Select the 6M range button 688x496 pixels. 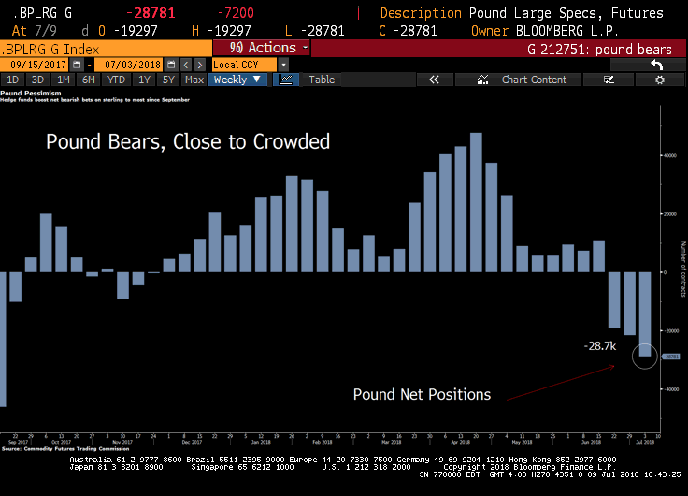pyautogui.click(x=88, y=80)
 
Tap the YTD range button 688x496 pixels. pyautogui.click(x=116, y=80)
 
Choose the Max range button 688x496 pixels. pyautogui.click(x=194, y=80)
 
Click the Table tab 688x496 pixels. pyautogui.click(x=322, y=80)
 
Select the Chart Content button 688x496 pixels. pyautogui.click(x=534, y=80)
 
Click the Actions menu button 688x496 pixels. pyautogui.click(x=264, y=48)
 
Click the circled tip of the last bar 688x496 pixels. pyautogui.click(x=644, y=356)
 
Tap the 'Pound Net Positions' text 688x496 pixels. pyautogui.click(x=422, y=394)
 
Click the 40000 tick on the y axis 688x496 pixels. pyautogui.click(x=671, y=155)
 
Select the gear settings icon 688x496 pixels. pyautogui.click(x=660, y=80)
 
